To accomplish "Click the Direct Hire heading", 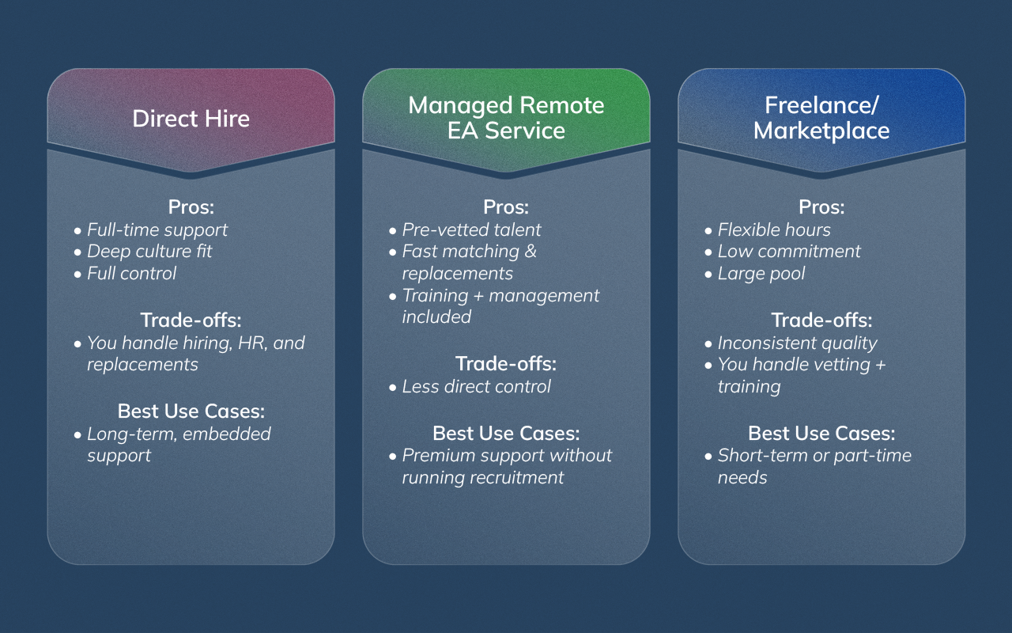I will [x=191, y=119].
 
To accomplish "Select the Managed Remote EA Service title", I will [x=506, y=118].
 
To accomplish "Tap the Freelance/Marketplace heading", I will [x=821, y=118].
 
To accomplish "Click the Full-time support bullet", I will [x=157, y=229].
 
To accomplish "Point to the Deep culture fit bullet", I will [x=149, y=252].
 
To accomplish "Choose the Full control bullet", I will [x=131, y=274].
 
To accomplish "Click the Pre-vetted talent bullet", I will [x=471, y=229].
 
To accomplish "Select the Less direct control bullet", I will [x=476, y=386].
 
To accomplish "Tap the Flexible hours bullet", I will [x=774, y=229].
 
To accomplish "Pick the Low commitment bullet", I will [x=789, y=252].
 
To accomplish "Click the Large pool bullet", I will [x=761, y=274].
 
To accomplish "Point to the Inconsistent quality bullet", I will [x=797, y=343].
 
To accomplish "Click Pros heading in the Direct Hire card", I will [x=191, y=207].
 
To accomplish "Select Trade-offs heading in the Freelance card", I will [x=821, y=320].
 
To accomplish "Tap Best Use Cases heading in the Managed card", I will [x=506, y=434].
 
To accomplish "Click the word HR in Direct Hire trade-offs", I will [x=245, y=343].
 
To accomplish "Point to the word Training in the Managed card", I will [x=436, y=295].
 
